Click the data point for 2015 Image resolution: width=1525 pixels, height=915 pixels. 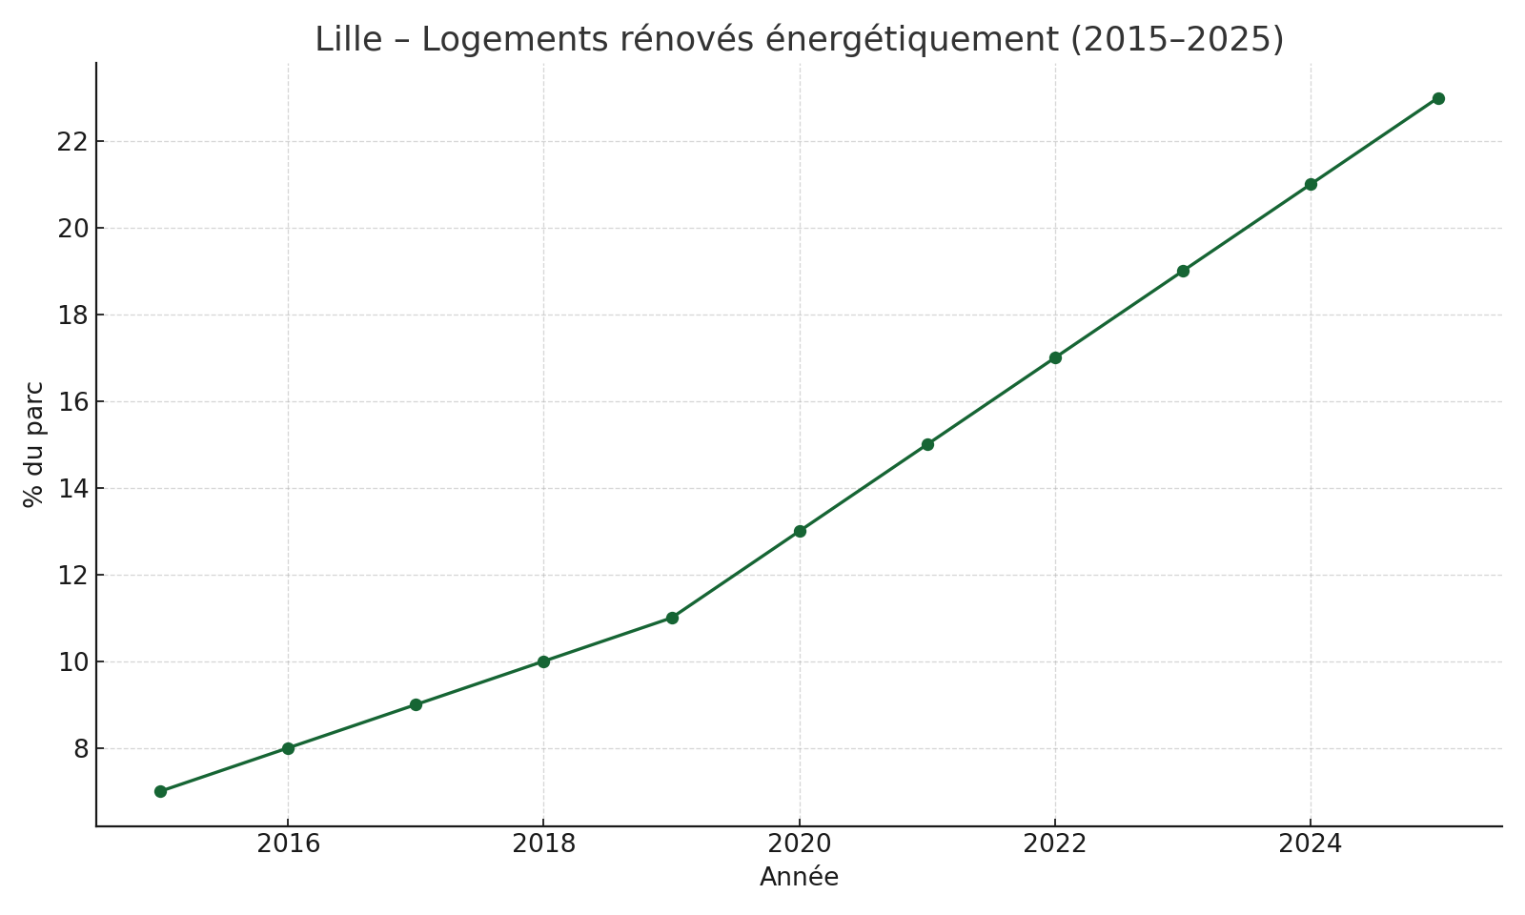click(x=160, y=791)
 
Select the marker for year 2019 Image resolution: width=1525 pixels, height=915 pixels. click(x=672, y=618)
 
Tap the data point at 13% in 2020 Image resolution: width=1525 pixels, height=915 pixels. click(x=800, y=531)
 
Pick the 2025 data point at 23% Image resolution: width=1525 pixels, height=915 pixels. click(x=1438, y=98)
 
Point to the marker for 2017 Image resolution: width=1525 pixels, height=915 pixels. click(x=416, y=704)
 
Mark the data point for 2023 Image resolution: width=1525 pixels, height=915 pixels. click(x=1183, y=271)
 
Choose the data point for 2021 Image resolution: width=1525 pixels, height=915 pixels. click(x=927, y=444)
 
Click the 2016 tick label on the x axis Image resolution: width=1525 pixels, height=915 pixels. click(x=288, y=844)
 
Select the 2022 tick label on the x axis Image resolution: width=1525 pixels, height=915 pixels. click(x=1055, y=844)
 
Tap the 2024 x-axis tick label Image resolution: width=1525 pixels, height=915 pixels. click(x=1311, y=844)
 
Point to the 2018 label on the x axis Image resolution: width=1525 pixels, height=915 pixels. click(x=543, y=844)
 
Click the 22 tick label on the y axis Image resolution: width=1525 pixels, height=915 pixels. click(x=72, y=142)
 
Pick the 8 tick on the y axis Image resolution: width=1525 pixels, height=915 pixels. click(x=80, y=749)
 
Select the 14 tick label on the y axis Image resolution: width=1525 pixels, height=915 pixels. click(x=72, y=489)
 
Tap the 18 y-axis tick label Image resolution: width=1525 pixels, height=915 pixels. click(x=72, y=315)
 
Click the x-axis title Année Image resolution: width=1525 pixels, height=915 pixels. click(x=799, y=878)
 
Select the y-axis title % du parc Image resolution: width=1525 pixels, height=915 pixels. click(x=33, y=444)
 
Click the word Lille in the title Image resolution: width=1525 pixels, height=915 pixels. click(x=349, y=40)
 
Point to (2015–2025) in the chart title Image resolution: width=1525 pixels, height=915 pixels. click(x=1177, y=40)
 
